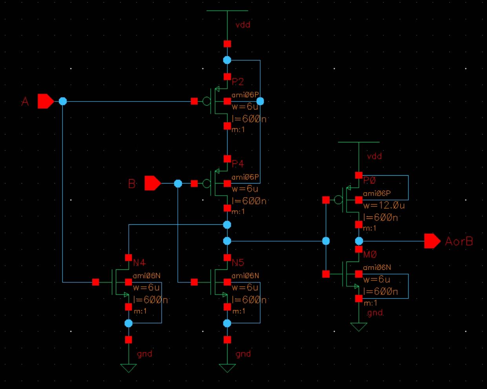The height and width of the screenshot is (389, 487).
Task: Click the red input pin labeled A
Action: tap(45, 101)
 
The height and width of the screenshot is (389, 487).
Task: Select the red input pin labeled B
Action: tap(152, 183)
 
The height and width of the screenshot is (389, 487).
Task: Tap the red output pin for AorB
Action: tap(432, 241)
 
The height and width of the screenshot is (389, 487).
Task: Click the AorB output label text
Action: tap(459, 241)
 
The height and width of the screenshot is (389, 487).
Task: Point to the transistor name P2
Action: tap(238, 82)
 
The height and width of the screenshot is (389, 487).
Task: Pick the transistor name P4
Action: tap(238, 164)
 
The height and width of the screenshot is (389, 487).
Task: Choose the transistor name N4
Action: tap(139, 262)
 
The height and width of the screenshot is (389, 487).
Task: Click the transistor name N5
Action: tap(238, 262)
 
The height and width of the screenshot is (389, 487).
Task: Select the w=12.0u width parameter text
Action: tap(384, 205)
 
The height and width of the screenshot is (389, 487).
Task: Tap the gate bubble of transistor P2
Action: tap(206, 102)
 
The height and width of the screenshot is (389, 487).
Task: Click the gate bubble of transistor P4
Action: tap(206, 184)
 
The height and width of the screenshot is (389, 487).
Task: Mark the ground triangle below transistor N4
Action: tap(128, 368)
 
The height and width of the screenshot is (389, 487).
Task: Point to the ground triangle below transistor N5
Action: tap(227, 368)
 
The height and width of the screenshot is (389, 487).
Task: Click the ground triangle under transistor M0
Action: tap(359, 327)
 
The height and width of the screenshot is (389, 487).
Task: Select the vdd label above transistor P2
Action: tap(243, 25)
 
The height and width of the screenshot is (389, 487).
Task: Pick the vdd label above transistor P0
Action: tap(374, 156)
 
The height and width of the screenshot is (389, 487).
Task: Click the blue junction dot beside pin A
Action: tap(63, 102)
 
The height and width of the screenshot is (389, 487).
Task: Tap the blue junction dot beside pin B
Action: tap(178, 184)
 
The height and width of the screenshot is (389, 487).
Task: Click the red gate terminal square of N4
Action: tap(96, 282)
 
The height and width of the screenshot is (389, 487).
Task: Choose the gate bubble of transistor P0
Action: tap(338, 200)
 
